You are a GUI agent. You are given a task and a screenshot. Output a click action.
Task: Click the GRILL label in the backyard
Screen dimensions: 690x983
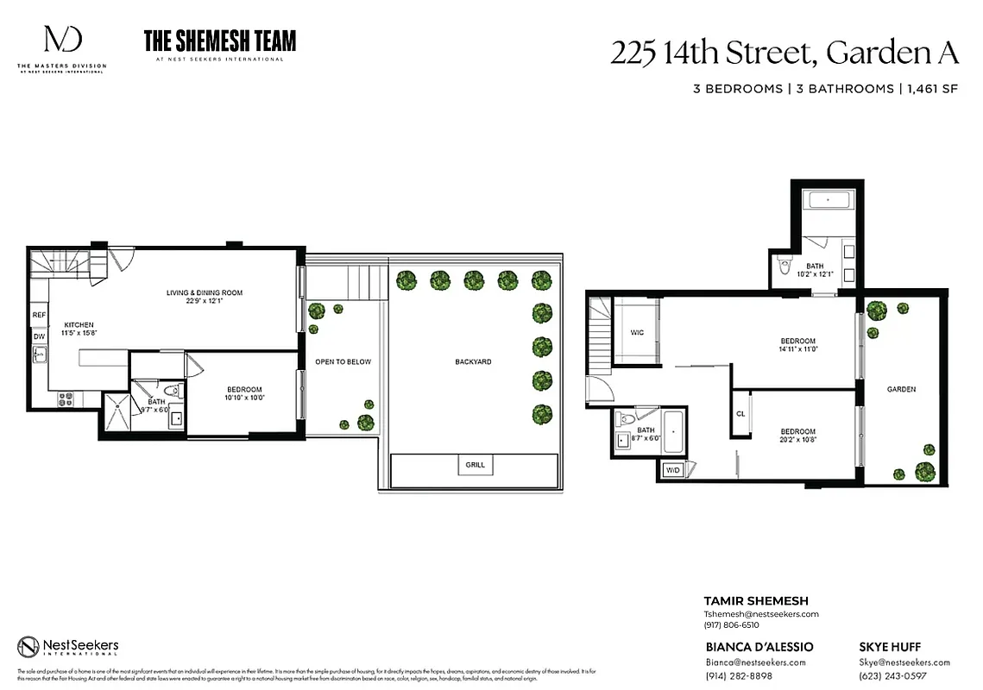[x=475, y=465]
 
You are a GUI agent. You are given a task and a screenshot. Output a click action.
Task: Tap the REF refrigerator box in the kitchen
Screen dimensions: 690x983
[x=39, y=316]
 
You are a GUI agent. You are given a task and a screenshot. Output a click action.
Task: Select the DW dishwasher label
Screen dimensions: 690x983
[x=39, y=336]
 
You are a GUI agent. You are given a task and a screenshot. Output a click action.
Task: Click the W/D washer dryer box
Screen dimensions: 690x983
[x=672, y=470]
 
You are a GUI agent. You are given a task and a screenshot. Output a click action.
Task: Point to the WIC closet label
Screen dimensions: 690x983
[x=637, y=332]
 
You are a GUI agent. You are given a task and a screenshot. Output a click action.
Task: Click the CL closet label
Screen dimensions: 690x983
[x=740, y=414]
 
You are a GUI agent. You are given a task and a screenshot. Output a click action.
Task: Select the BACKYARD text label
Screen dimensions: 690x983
[x=473, y=361]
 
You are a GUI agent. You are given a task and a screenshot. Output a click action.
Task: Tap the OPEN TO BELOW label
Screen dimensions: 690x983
[x=343, y=361]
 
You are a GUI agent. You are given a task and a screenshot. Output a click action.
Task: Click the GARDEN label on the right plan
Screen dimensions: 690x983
[x=901, y=389]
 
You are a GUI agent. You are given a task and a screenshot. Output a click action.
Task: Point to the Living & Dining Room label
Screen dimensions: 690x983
[x=205, y=293]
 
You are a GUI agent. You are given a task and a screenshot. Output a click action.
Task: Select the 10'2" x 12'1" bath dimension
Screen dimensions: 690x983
[x=815, y=274]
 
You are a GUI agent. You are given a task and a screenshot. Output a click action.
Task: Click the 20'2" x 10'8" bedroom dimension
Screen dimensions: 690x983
[x=797, y=441]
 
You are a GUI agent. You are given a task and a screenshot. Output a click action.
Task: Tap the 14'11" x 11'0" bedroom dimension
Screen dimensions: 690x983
[x=797, y=350]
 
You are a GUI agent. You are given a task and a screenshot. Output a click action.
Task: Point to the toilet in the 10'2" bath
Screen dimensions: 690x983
[x=784, y=266]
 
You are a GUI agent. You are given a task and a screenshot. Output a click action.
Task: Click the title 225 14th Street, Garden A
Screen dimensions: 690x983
[x=785, y=53]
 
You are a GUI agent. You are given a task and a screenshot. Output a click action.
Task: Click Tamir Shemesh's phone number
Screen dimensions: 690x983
[x=731, y=624]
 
